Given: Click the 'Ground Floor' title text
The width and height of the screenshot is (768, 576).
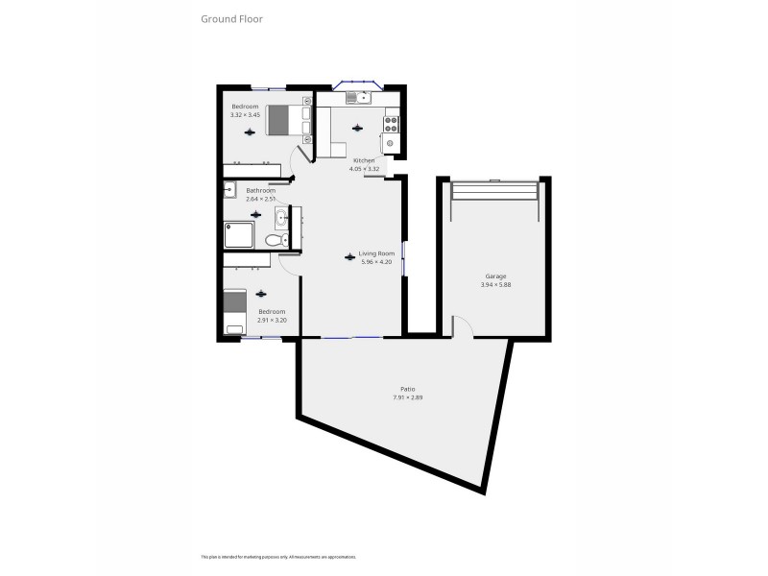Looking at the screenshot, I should point(231,18).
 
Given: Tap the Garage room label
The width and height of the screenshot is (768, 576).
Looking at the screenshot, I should point(494,276).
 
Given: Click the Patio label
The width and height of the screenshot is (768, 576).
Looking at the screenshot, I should point(408,389).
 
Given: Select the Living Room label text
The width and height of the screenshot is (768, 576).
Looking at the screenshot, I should point(376,254).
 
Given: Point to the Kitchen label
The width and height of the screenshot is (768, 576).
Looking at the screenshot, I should point(363,160).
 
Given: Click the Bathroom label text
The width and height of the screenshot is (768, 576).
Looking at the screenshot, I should point(260,190).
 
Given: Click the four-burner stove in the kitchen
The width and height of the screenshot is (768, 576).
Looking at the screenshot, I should point(391,123).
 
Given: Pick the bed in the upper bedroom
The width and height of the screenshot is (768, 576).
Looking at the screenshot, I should point(286,119).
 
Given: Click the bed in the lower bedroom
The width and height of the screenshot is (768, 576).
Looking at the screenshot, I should point(236,312).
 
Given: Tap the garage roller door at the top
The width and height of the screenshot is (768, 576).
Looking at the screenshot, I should point(494,190).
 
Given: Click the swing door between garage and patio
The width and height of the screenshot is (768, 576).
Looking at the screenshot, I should point(462,326).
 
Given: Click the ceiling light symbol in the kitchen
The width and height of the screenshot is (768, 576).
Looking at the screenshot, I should point(358,128).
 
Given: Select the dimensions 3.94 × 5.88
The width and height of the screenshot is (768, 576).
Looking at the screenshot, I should point(494,284).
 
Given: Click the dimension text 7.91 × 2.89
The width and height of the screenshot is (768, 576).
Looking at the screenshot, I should point(408,396).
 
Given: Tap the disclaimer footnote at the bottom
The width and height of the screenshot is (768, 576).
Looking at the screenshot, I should point(278,557).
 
